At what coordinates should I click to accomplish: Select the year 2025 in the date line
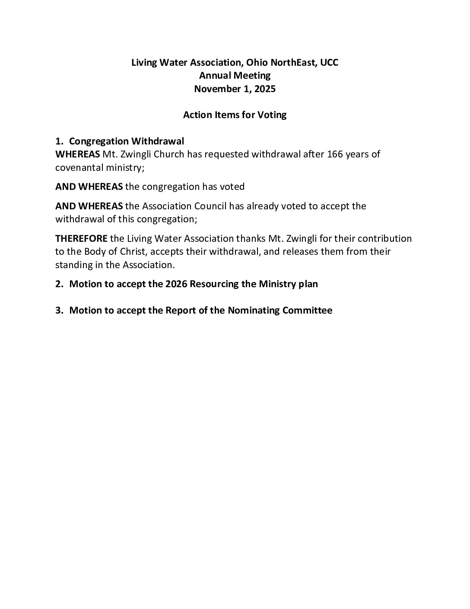pos(264,89)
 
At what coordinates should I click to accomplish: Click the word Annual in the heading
pos(215,76)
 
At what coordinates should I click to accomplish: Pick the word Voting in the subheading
pos(272,115)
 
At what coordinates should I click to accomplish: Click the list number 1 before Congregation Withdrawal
pos(58,141)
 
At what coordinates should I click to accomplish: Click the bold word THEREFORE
pos(81,239)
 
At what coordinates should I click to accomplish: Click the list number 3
pos(58,311)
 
